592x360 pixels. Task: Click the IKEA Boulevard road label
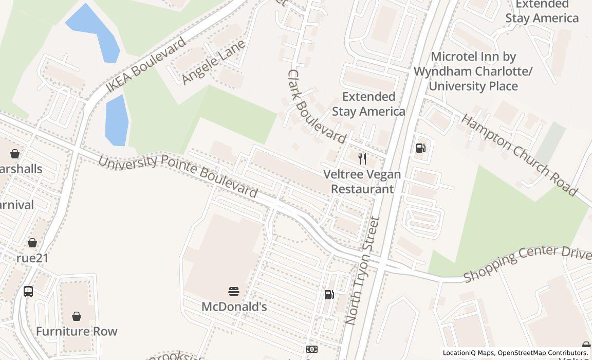coord(145,65)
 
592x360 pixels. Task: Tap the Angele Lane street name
coord(213,62)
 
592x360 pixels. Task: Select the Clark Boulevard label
coord(316,106)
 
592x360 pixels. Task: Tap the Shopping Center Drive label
coord(527,263)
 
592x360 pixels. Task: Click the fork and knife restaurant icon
coord(362,159)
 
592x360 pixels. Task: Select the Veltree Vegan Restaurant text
coord(362,182)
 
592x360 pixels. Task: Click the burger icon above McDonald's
coord(234,292)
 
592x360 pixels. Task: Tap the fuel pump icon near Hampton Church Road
coord(420,148)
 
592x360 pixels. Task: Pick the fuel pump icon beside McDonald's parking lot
coord(329,294)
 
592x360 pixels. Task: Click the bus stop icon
coord(28,292)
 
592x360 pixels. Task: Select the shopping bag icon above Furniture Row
coord(77,316)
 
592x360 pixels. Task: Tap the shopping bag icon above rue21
coord(32,243)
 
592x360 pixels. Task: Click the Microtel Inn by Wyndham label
coord(473,71)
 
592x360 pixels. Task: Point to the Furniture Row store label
coord(77,331)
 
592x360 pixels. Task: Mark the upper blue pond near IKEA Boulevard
coord(95,32)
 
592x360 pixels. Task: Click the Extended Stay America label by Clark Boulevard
coord(368,104)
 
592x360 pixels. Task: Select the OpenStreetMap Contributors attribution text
coord(542,353)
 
